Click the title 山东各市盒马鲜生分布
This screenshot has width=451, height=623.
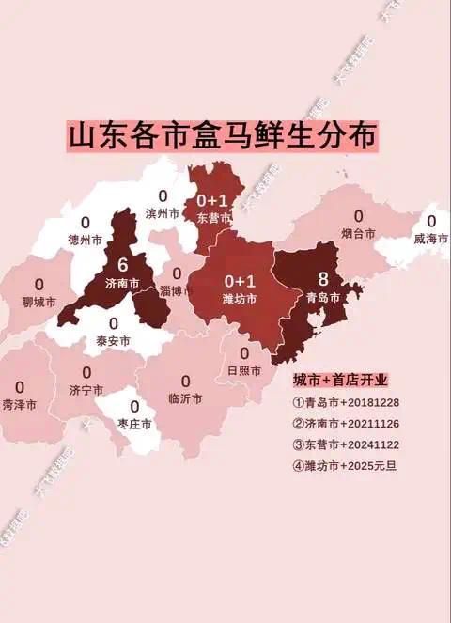pos(224,134)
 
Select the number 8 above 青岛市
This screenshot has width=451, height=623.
pos(323,279)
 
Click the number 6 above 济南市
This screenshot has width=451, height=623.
pos(122,265)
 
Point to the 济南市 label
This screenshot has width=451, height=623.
pos(122,283)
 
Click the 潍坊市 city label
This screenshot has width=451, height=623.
pos(240,299)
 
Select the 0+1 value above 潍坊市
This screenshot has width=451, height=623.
pos(240,281)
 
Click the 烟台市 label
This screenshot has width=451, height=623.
pos(358,233)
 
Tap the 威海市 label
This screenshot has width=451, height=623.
pos(430,239)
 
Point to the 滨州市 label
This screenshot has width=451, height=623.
pos(162,213)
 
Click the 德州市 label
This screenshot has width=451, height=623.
pos(86,240)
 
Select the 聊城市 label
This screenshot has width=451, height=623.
pos(39,303)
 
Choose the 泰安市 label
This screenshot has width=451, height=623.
pos(113,341)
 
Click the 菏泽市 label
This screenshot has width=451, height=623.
pos(20,405)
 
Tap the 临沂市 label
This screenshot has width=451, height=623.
pos(185,398)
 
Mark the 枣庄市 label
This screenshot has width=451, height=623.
pos(134,424)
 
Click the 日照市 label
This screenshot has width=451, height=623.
pos(244,370)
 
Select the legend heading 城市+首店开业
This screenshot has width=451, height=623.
pos(340,381)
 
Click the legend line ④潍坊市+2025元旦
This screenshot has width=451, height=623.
pos(345,465)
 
